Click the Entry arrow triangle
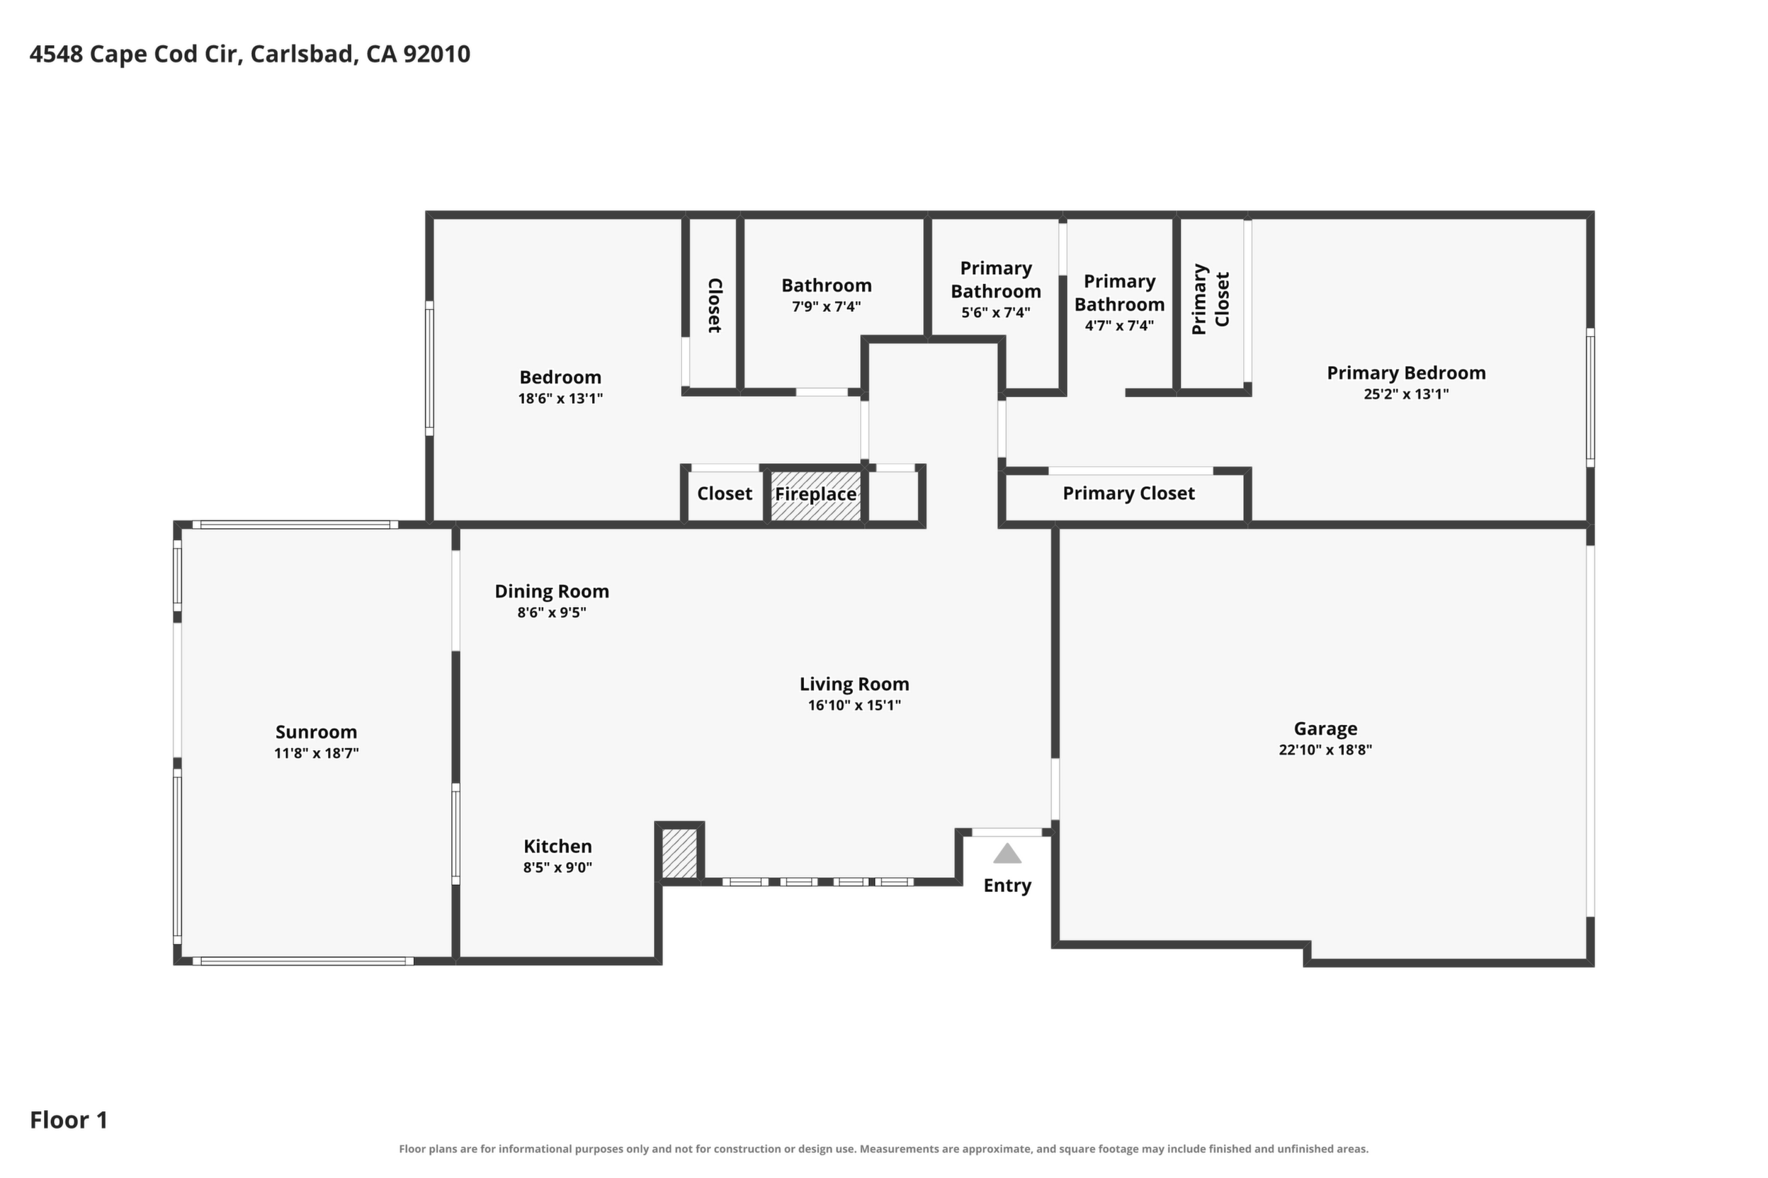coord(1007,854)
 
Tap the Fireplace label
coord(815,494)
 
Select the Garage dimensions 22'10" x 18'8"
coord(1325,750)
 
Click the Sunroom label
coord(317,732)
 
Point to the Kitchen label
coord(557,846)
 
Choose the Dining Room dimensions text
coord(552,612)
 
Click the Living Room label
coord(854,685)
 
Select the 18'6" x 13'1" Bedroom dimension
coord(561,398)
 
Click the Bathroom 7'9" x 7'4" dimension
coord(826,307)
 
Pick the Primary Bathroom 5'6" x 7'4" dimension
coord(996,312)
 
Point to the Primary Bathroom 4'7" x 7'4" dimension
coord(1119,326)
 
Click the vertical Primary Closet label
coord(1211,299)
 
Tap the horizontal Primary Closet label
coord(1128,493)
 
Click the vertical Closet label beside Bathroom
coord(715,305)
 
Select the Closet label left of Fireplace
coord(725,493)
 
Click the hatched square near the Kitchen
coord(679,852)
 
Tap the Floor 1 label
coord(69,1120)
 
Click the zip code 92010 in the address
coord(437,54)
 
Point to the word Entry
coord(1007,886)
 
